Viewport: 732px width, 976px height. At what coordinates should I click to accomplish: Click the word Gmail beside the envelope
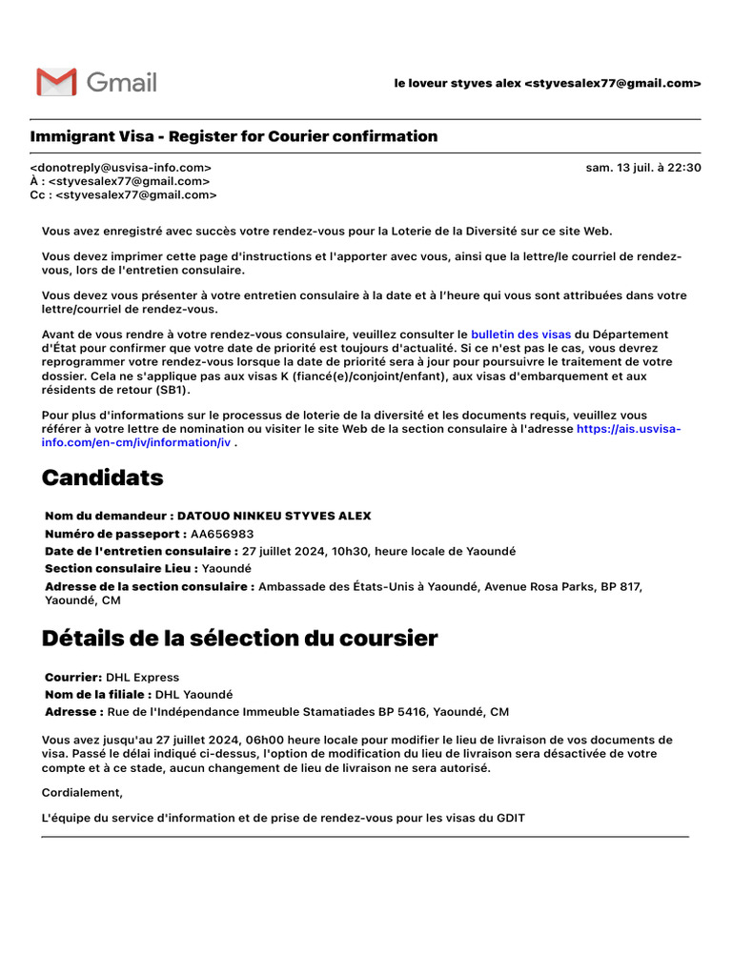pos(121,82)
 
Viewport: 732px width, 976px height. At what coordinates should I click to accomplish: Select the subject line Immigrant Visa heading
pos(234,136)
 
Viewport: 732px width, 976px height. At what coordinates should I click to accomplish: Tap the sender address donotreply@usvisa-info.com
pos(121,168)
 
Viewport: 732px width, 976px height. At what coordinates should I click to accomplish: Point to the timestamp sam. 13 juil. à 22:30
pos(643,168)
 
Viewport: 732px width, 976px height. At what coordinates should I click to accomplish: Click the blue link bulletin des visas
pos(520,335)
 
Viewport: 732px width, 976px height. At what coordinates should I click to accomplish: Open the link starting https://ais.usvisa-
pos(629,429)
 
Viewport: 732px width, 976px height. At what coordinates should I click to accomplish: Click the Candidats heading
pos(102,478)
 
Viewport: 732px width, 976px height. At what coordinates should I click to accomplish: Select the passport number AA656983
pos(222,534)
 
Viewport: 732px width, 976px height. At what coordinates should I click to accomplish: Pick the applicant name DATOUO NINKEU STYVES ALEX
pos(274,516)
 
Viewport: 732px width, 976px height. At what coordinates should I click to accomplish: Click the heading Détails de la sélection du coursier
pos(239,639)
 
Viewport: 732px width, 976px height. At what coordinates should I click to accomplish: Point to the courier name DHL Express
pos(142,678)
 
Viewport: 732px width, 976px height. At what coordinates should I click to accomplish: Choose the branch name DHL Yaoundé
pos(193,695)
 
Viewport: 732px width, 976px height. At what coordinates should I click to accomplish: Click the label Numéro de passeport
pos(114,534)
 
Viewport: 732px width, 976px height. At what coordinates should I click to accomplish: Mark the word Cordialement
pos(82,792)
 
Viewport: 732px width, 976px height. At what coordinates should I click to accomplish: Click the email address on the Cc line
pos(136,195)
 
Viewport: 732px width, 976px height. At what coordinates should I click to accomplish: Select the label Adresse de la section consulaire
pos(150,586)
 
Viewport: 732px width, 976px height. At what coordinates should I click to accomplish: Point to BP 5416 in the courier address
pos(403,712)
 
